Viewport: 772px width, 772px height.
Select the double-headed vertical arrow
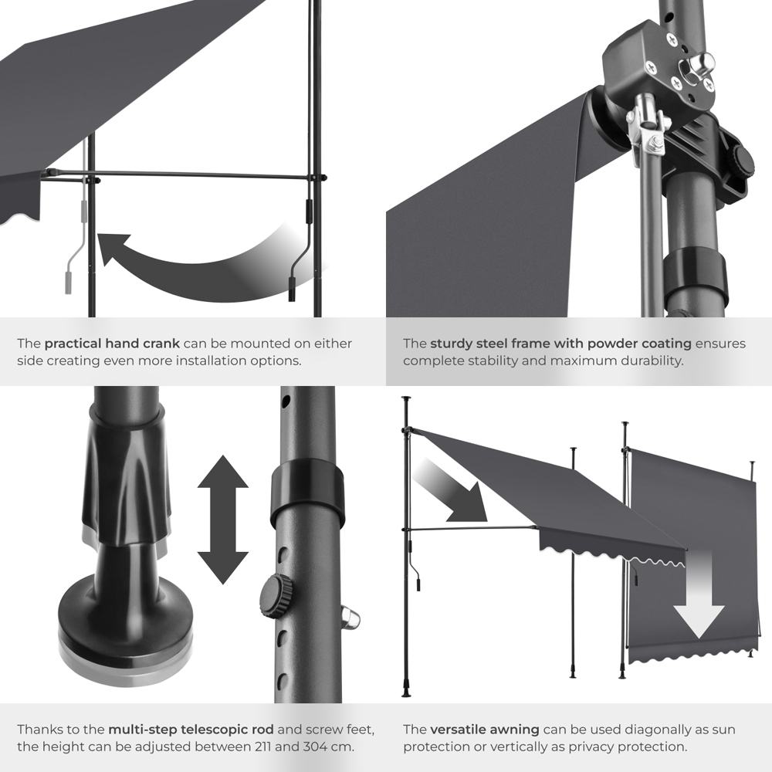point(222,520)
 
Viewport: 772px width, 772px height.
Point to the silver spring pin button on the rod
point(350,619)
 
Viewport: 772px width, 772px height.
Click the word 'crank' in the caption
point(161,344)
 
